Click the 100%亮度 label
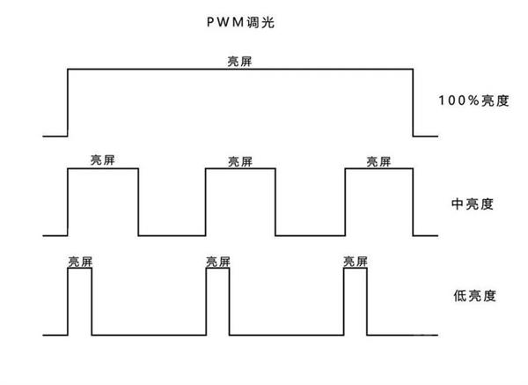click(473, 100)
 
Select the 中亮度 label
click(472, 204)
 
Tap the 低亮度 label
click(472, 296)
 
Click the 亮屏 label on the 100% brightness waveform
click(240, 62)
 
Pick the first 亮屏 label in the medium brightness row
click(103, 160)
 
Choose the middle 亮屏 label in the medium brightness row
click(240, 160)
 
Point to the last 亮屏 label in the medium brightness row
click(379, 160)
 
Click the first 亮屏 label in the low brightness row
click(80, 262)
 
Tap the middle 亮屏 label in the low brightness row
click(217, 262)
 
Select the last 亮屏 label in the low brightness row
click(356, 262)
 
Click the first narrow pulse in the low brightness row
click(80, 300)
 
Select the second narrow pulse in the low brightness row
click(217, 300)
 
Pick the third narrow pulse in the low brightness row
click(356, 300)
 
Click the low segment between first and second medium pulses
click(172, 235)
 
